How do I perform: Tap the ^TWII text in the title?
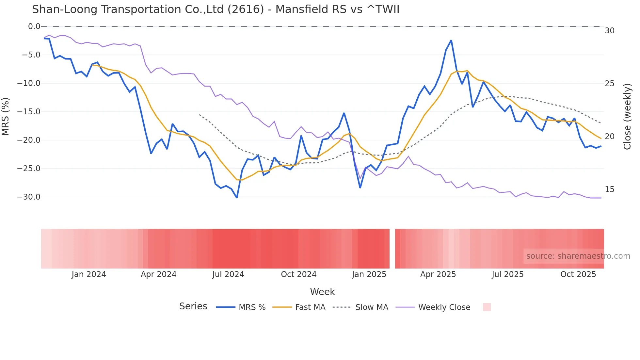[x=383, y=9]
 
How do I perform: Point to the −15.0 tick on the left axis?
[x=29, y=112]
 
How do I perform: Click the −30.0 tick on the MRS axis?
[x=29, y=197]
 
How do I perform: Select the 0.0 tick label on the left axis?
[x=34, y=26]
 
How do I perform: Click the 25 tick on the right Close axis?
[x=609, y=84]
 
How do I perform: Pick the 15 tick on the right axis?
[x=609, y=189]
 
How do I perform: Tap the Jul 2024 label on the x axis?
[x=228, y=274]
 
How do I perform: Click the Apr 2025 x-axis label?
[x=438, y=274]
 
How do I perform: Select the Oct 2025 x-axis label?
[x=578, y=274]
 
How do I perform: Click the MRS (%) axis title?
[x=6, y=116]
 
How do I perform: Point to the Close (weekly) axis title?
[x=627, y=116]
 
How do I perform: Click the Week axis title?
[x=322, y=292]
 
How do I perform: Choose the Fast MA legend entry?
[x=310, y=307]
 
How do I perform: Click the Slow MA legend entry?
[x=372, y=307]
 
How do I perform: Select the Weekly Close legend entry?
[x=444, y=307]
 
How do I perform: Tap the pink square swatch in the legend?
[x=487, y=307]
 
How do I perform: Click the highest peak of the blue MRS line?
[x=451, y=41]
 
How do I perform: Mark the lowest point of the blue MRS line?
[x=237, y=198]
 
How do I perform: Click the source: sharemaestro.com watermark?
[x=578, y=256]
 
